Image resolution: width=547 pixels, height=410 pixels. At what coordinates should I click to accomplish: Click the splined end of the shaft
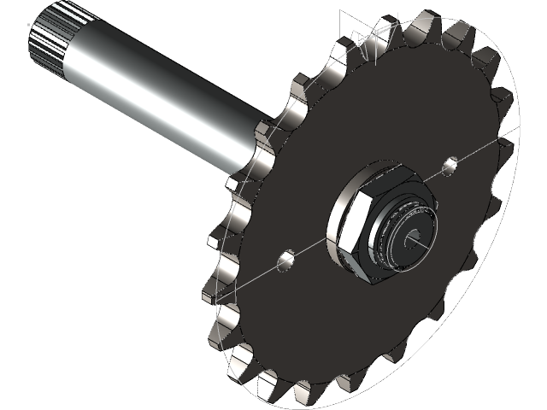[44, 43]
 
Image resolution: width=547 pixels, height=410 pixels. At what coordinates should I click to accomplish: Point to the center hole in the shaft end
[415, 240]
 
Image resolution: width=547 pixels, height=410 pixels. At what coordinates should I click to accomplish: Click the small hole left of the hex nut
[286, 258]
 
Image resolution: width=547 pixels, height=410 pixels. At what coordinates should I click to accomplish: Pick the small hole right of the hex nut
[450, 161]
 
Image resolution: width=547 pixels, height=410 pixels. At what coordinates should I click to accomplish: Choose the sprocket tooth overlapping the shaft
[267, 137]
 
